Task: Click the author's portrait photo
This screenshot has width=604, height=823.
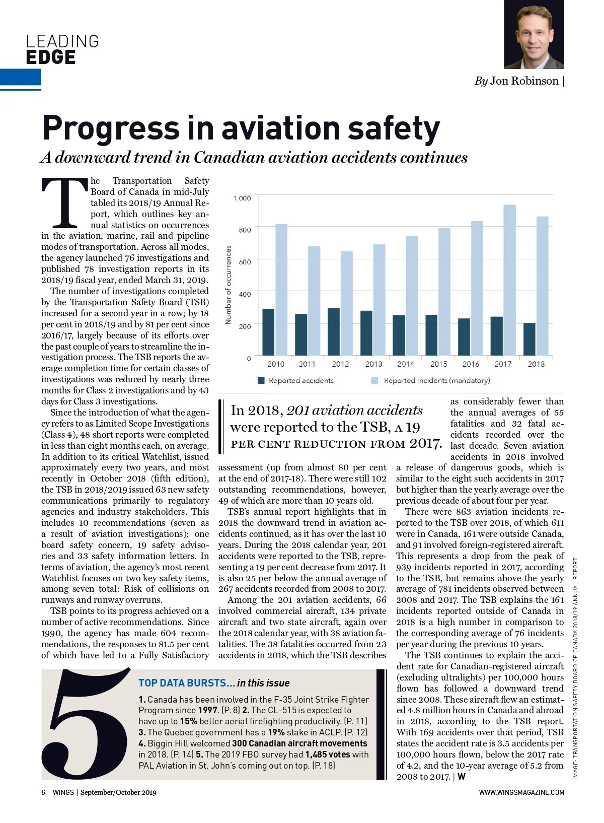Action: point(534,34)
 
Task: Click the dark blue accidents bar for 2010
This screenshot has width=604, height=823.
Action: point(268,333)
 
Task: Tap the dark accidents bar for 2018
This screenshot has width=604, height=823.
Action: point(530,340)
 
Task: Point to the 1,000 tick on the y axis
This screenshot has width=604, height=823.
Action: point(242,198)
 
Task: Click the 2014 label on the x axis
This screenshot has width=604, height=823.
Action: point(406,364)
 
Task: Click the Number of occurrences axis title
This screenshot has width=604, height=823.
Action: point(229,285)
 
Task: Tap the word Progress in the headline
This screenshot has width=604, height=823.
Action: point(111,128)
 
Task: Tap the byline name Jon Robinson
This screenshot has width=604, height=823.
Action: point(524,81)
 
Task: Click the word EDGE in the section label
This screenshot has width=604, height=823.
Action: point(51,57)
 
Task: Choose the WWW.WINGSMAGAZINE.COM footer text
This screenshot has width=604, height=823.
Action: point(521,792)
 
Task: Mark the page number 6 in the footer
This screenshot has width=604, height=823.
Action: point(43,792)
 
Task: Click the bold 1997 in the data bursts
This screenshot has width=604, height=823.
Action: point(208,710)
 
